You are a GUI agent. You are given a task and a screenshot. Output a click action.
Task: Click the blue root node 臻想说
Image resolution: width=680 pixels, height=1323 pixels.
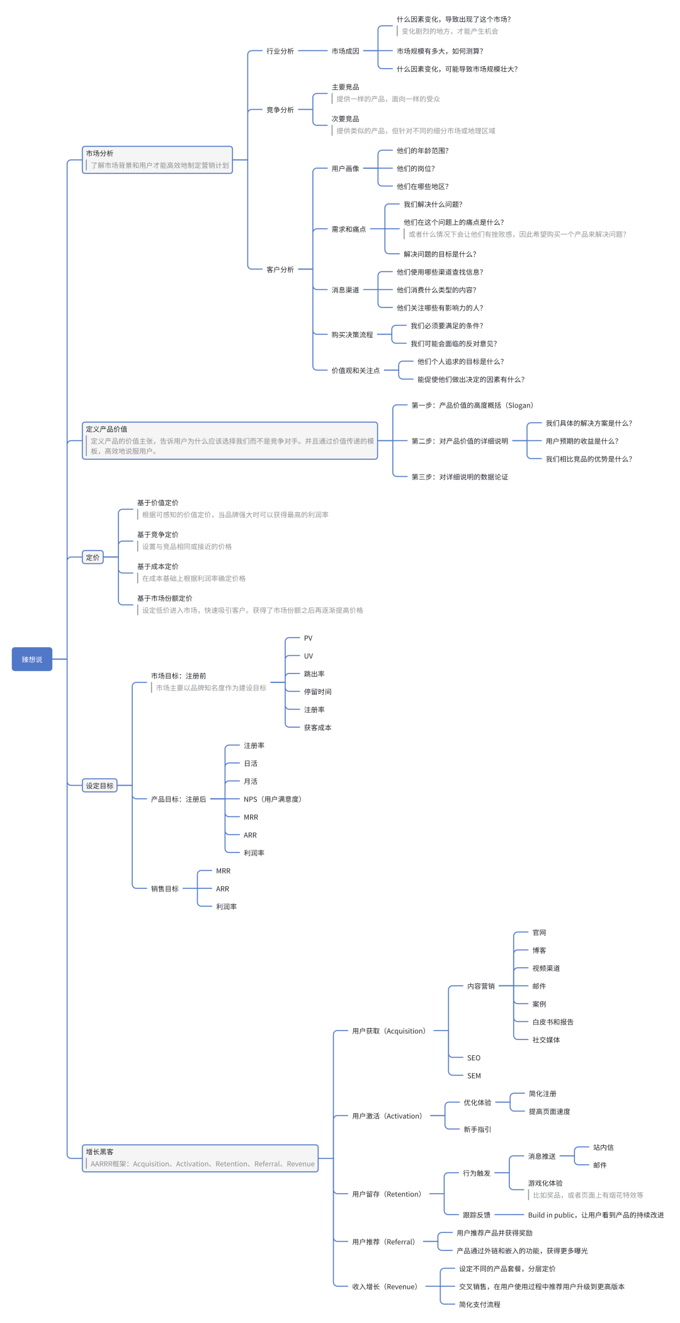[31, 659]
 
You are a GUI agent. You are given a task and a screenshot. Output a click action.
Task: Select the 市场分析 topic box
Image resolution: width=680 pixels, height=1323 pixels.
[157, 159]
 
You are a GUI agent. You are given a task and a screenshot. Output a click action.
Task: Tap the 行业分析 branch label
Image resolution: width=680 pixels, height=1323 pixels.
[280, 51]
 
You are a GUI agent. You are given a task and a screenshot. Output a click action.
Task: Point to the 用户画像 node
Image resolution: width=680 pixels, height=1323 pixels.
[346, 168]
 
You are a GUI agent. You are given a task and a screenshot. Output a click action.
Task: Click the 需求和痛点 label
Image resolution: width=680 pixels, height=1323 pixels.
[349, 229]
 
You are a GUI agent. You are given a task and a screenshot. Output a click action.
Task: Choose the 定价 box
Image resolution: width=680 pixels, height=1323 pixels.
[93, 557]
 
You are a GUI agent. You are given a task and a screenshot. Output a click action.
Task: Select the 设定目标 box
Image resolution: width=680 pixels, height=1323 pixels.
[99, 786]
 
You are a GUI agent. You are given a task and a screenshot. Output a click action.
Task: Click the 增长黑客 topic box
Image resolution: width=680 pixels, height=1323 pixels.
[200, 1158]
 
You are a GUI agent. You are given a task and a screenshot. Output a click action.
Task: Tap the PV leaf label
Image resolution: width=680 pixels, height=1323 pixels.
[309, 638]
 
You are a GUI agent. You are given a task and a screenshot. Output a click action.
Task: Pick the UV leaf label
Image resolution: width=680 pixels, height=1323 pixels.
[309, 656]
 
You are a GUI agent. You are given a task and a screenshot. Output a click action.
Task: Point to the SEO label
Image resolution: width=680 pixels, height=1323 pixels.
[474, 1058]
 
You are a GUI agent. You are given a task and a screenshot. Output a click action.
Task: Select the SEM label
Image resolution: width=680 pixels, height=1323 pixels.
[474, 1075]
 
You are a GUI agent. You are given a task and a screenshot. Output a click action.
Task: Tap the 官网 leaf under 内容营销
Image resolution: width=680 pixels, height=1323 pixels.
[540, 932]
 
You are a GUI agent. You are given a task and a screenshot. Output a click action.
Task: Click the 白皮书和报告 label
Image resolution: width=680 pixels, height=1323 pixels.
[553, 1022]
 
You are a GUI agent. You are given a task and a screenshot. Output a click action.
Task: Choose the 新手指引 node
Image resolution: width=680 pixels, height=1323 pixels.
[477, 1130]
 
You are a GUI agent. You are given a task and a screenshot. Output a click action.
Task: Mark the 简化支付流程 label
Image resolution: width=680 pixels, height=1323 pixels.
[480, 1304]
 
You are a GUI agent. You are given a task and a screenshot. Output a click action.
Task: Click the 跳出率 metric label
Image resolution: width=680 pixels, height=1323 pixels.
[315, 673]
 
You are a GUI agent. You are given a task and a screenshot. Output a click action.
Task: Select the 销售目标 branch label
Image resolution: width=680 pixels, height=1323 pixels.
[165, 888]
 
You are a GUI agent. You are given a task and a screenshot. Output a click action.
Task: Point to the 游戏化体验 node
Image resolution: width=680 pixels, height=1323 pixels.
[546, 1183]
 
